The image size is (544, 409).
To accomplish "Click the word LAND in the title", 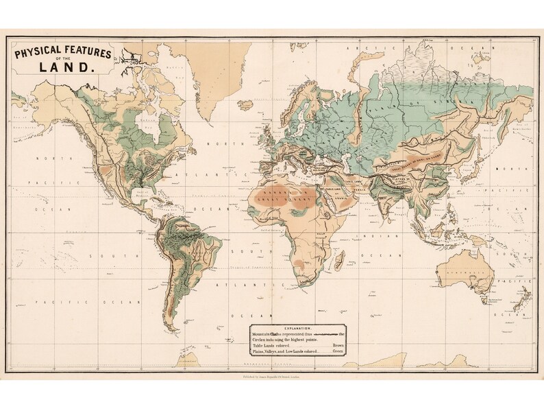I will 66,67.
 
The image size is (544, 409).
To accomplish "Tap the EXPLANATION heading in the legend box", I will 297,329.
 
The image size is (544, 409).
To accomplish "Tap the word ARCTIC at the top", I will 358,49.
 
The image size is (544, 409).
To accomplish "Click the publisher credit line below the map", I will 272,377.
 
